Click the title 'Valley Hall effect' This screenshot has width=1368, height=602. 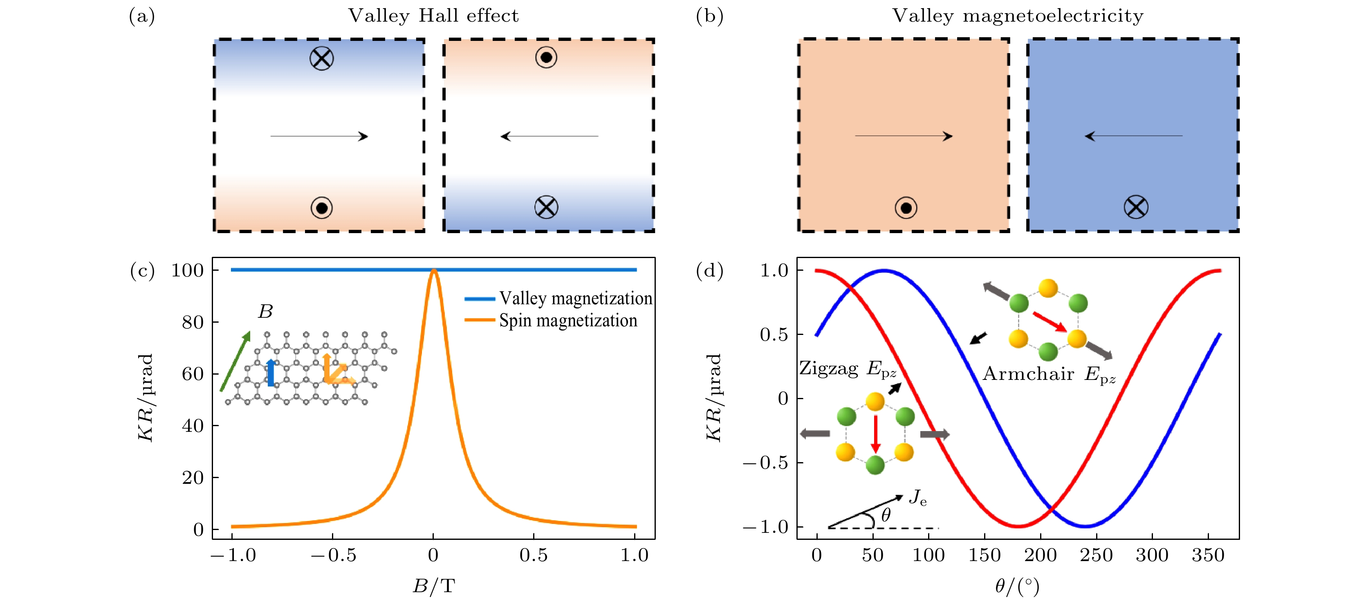click(433, 16)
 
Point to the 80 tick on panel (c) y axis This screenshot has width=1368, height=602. click(193, 322)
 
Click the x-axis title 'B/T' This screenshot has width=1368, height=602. click(434, 586)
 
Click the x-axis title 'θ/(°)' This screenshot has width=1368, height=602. click(1017, 586)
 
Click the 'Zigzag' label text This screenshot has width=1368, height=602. click(828, 368)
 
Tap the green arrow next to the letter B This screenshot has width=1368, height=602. click(235, 361)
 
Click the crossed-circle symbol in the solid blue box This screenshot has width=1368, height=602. click(1136, 207)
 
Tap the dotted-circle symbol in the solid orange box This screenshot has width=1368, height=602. click(906, 208)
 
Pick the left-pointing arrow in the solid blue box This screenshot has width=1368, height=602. click(1133, 136)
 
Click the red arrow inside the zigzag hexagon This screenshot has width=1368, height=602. click(876, 434)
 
